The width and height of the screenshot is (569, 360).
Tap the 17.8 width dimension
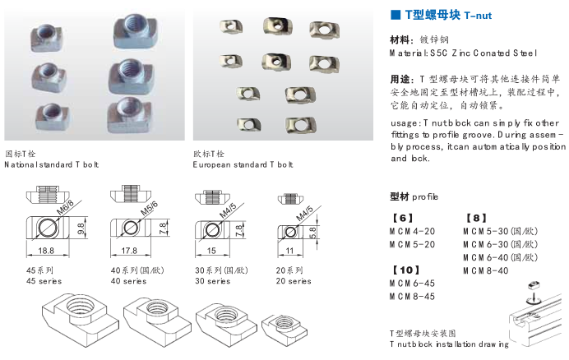pyautogui.click(x=128, y=250)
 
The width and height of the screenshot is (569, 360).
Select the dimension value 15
pyautogui.click(x=211, y=250)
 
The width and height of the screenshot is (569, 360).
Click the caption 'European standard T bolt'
pyautogui.click(x=243, y=165)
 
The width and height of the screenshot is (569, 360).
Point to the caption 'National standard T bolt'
pyautogui.click(x=51, y=165)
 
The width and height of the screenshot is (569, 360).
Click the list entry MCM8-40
pyautogui.click(x=486, y=270)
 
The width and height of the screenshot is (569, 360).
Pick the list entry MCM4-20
pyautogui.click(x=412, y=231)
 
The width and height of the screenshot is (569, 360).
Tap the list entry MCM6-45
pyautogui.click(x=412, y=284)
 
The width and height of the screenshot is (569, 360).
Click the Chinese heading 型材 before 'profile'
pyautogui.click(x=400, y=197)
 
